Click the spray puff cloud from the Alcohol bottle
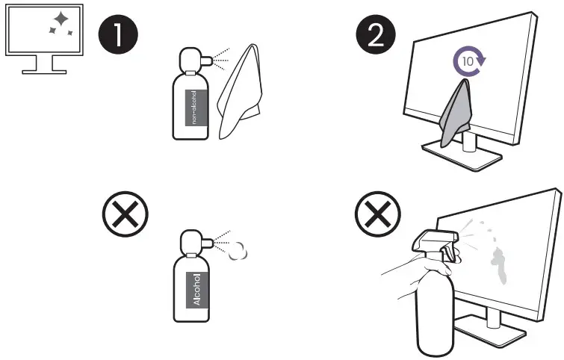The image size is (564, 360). tap(237, 252)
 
